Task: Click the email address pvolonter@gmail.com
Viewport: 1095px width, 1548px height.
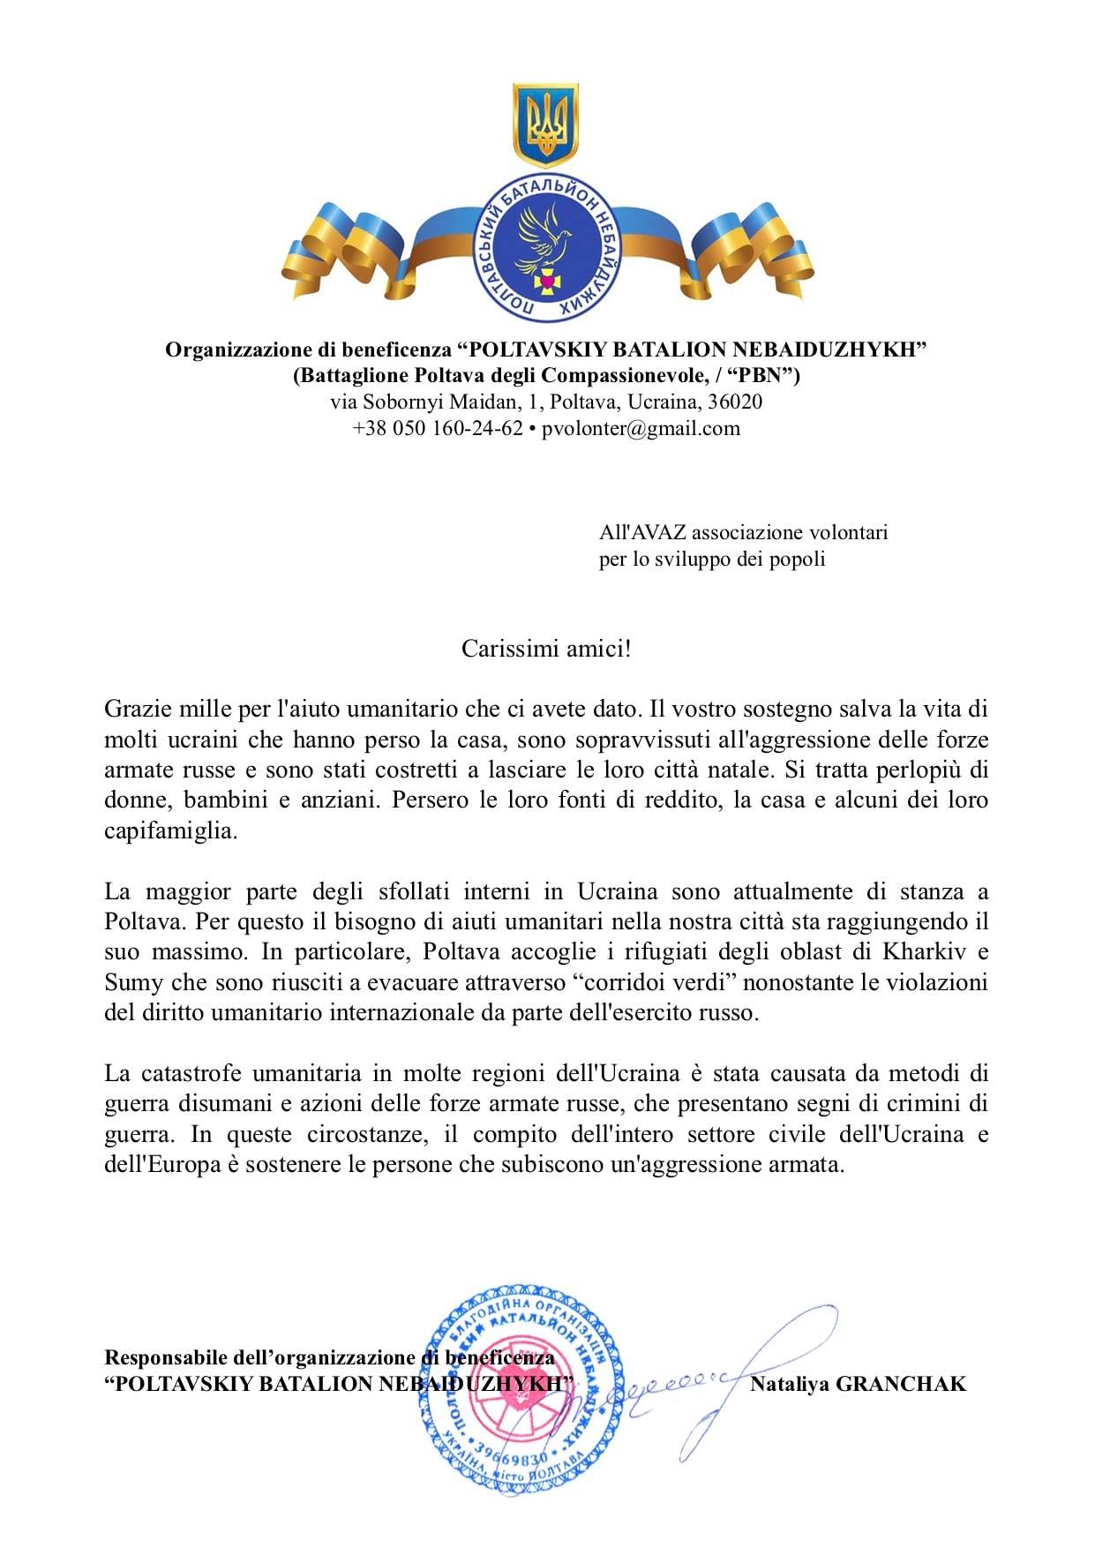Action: (x=641, y=429)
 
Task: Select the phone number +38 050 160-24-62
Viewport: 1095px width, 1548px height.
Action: (x=438, y=429)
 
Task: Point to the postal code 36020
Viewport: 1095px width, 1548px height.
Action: (x=736, y=402)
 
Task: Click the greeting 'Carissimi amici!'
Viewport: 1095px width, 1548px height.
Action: (x=547, y=649)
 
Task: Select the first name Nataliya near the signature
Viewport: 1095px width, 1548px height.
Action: (x=788, y=1383)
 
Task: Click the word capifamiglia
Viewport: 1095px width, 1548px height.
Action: (x=170, y=830)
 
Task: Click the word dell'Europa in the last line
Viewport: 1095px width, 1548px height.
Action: (x=161, y=1164)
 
